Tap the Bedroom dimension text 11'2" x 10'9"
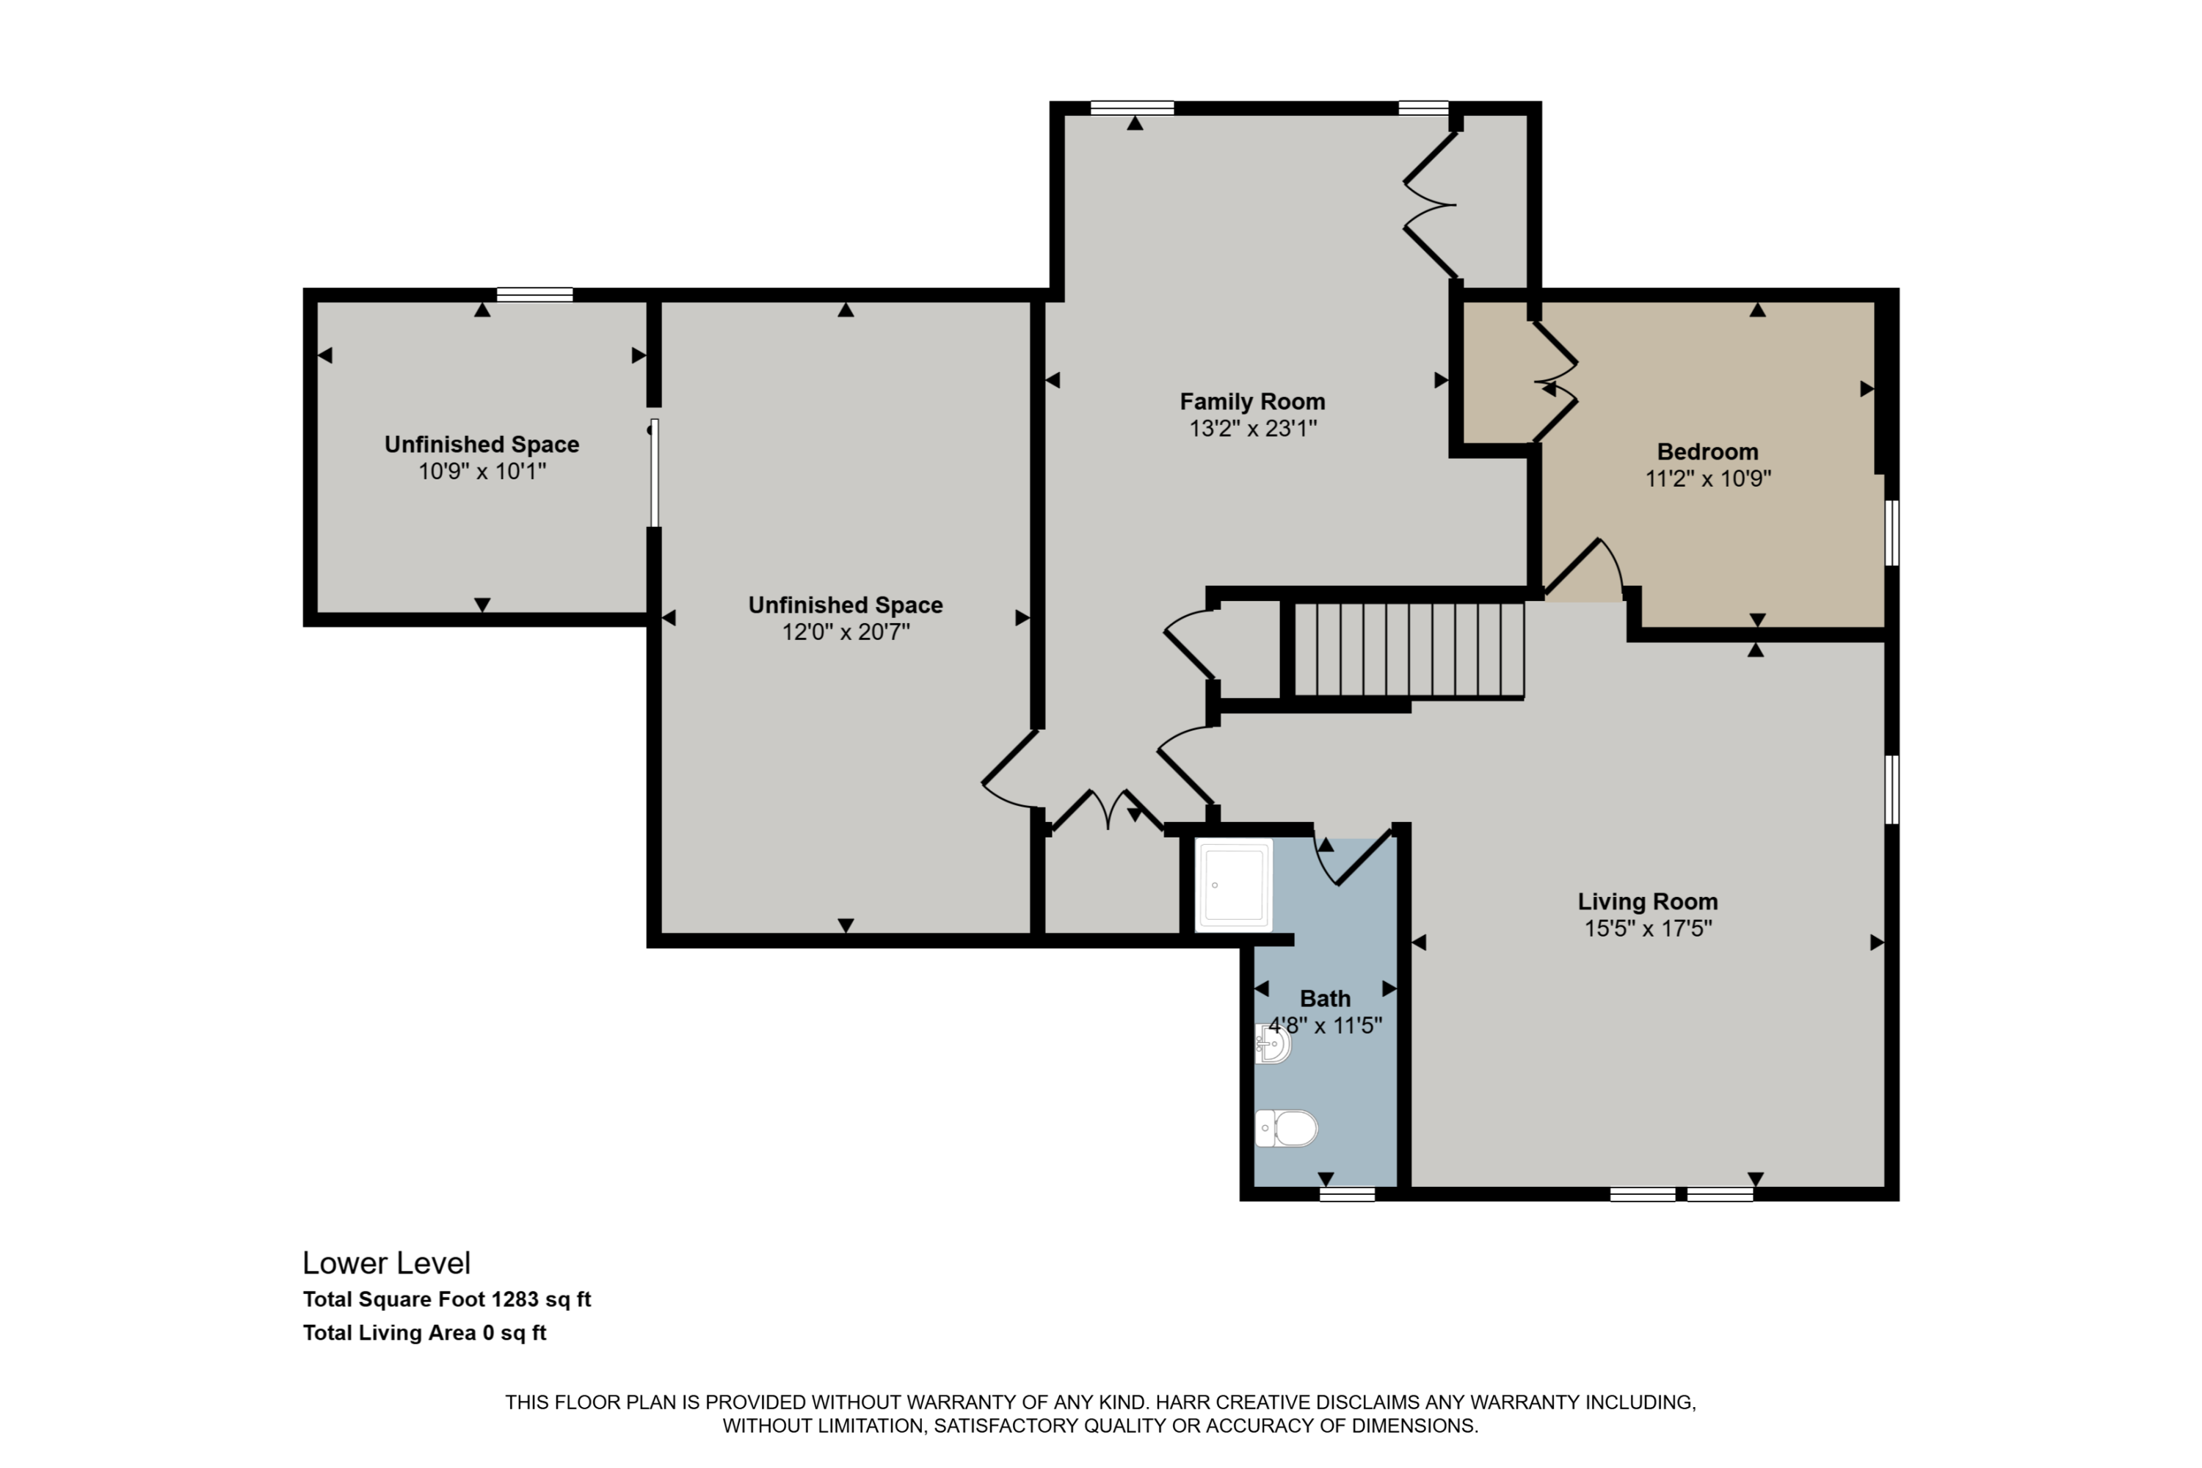point(1708,479)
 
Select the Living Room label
point(1647,901)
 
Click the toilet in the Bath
point(1287,1128)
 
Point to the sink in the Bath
point(1273,1044)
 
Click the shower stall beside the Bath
point(1235,884)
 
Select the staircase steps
point(1409,650)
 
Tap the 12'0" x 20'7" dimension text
point(846,632)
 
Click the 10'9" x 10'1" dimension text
point(482,471)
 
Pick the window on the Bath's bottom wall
point(1346,1193)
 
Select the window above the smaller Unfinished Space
point(534,295)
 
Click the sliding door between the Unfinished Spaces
point(655,473)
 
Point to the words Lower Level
point(386,1263)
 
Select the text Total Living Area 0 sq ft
point(424,1333)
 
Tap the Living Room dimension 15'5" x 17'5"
point(1647,929)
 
